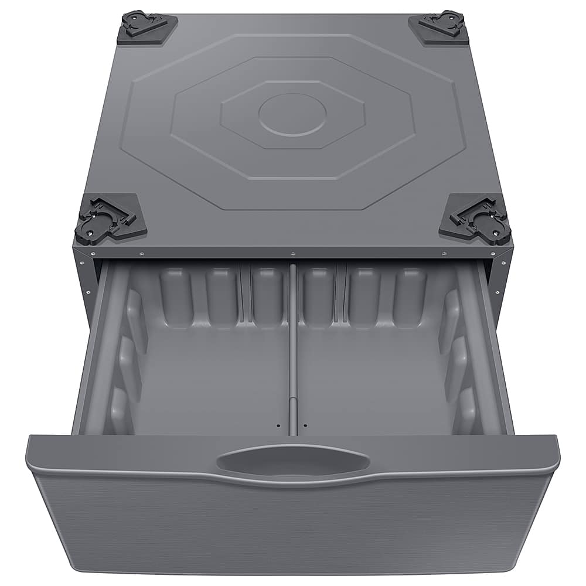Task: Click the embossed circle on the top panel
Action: click(292, 113)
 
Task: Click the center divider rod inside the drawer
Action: click(292, 352)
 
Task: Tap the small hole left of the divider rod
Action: click(279, 425)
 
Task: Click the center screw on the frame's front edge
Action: click(292, 253)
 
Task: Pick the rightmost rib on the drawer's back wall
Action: click(408, 297)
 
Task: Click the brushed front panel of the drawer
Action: click(293, 527)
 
